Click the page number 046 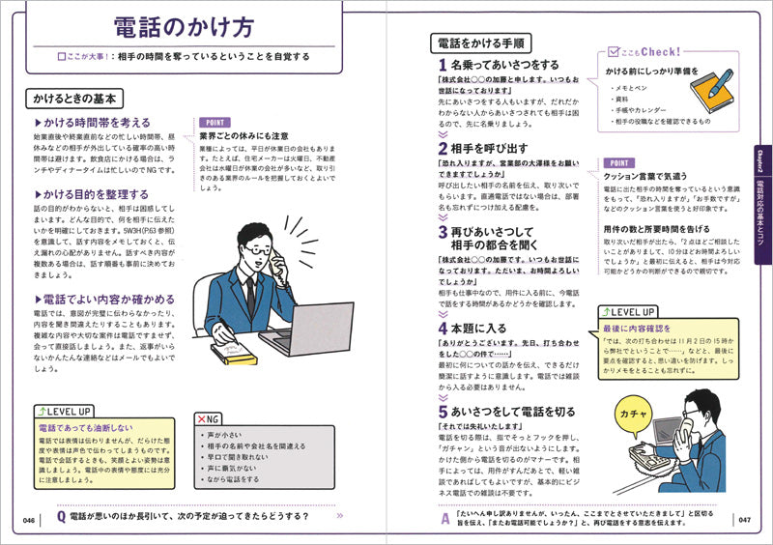30,520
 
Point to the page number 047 743,520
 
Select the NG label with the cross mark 208,419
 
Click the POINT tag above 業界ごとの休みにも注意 215,123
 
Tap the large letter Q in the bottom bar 62,517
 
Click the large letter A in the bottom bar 445,518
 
